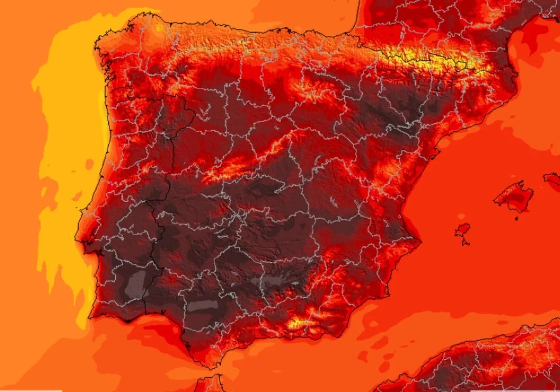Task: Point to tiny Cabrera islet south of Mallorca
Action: (x=517, y=218)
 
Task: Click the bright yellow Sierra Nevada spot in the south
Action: (x=297, y=322)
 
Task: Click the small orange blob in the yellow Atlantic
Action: (x=89, y=164)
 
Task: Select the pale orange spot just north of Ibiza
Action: (x=461, y=217)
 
